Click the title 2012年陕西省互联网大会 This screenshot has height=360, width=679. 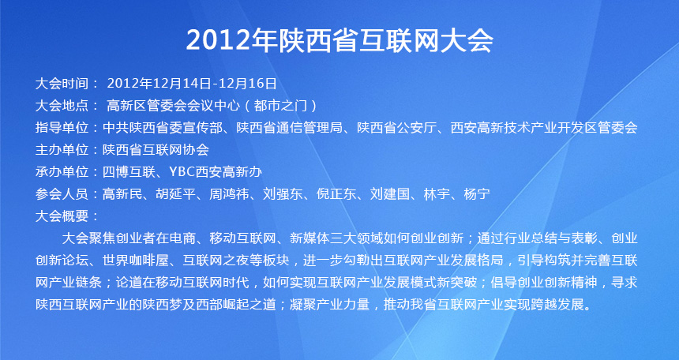pos(339,41)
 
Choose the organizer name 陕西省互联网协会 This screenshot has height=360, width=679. pos(156,150)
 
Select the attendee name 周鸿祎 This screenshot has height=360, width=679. pos(230,194)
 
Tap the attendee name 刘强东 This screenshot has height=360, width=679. pos(283,194)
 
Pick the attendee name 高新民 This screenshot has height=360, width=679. pos(122,194)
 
